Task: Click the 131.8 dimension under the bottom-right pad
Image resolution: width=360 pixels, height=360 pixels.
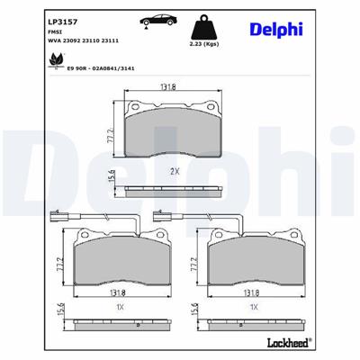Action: point(253,292)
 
